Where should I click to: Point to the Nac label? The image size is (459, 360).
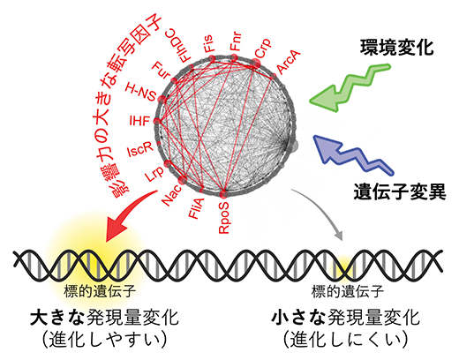(173, 196)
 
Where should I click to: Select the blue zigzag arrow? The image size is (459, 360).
(348, 154)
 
